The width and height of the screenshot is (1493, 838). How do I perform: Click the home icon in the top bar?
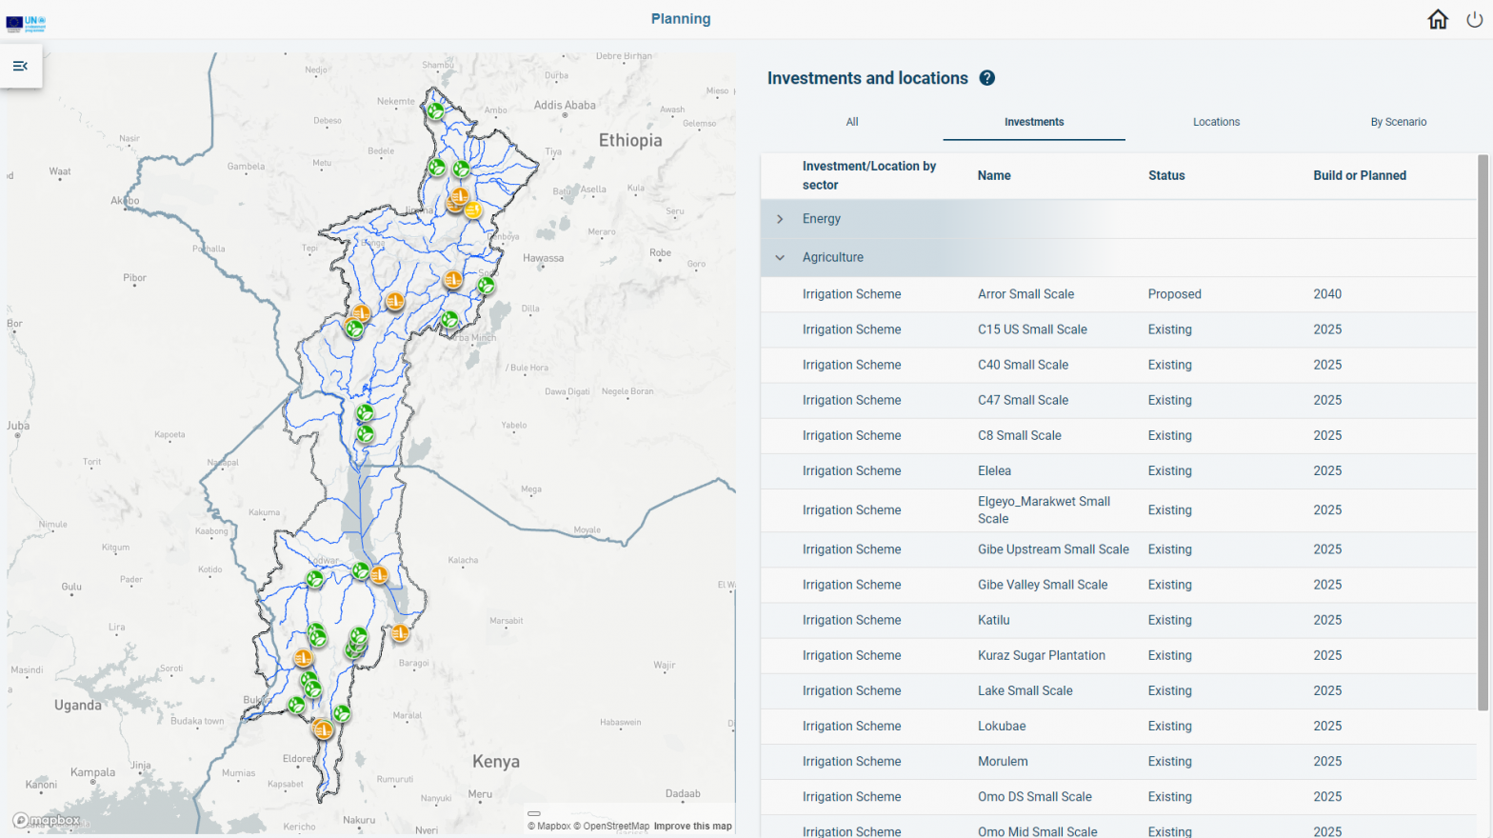1438,19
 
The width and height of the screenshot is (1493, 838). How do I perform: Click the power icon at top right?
1474,19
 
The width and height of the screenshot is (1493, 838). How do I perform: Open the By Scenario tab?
1398,122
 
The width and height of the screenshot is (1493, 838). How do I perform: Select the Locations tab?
1216,122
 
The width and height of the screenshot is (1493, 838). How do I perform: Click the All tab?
852,122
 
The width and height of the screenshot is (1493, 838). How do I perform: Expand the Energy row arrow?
780,219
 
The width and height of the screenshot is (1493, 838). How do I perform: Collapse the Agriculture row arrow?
780,257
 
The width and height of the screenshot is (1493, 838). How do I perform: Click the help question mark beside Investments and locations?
987,78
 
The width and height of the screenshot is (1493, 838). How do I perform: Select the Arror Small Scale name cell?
1025,294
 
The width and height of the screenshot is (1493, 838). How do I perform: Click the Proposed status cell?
1174,294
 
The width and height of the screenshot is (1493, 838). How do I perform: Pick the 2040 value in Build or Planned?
1327,294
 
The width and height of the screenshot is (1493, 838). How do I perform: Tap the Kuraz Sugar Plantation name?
1041,655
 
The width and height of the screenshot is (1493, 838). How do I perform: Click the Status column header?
1166,175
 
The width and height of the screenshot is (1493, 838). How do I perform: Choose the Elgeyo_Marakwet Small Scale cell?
1044,509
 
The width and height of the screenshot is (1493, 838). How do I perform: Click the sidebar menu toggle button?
20,66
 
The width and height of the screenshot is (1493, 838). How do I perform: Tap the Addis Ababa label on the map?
565,106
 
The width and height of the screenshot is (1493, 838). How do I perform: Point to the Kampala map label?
92,772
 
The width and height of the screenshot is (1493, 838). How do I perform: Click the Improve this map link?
692,826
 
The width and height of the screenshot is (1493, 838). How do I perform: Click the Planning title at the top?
680,19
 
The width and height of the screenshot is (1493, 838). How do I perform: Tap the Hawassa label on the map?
543,258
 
